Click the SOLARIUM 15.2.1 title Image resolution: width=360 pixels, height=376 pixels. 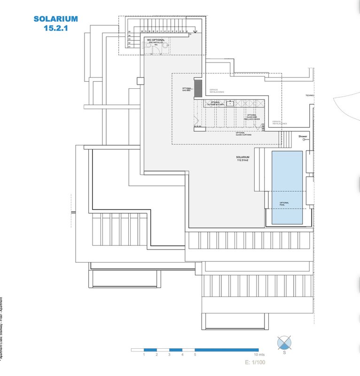[x=55, y=23]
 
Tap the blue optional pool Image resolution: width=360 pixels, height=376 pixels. [x=287, y=187]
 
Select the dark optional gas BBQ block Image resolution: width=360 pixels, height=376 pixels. [x=198, y=87]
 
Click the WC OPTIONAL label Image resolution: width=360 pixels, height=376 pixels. [x=156, y=40]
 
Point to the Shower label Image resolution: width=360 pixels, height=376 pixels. [x=303, y=136]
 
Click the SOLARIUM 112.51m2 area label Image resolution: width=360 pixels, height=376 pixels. [x=243, y=158]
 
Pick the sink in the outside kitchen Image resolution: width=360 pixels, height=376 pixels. [x=230, y=103]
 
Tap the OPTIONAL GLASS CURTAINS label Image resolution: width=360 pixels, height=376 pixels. [x=243, y=134]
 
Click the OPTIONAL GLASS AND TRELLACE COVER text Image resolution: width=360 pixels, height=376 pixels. [x=252, y=117]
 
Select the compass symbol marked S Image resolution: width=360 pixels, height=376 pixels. [x=284, y=343]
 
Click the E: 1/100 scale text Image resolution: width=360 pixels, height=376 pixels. [x=255, y=362]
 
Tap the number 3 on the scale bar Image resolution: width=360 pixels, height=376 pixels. [x=169, y=354]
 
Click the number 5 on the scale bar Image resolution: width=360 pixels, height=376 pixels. [x=195, y=354]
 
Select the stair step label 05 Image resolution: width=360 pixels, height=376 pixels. [x=129, y=32]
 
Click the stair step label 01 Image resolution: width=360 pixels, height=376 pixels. [x=129, y=47]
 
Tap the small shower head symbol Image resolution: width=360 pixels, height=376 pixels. [x=305, y=140]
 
